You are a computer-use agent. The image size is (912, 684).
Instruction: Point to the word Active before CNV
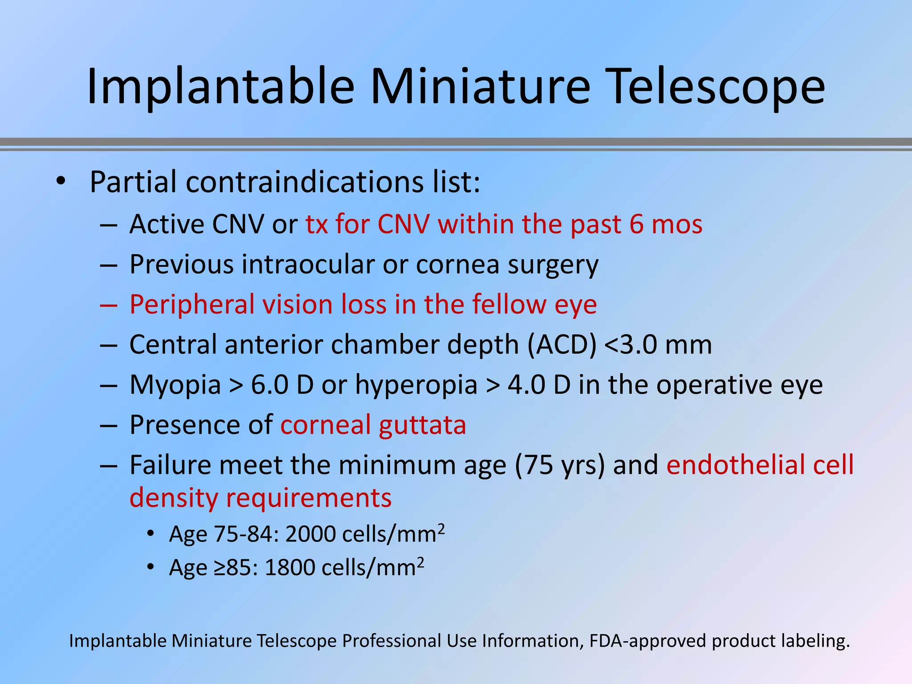point(167,224)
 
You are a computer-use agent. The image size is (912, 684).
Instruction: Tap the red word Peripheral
point(192,305)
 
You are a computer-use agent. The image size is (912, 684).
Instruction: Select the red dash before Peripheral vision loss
point(108,305)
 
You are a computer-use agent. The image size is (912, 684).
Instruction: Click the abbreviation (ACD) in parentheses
point(562,345)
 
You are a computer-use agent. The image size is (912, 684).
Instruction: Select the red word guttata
point(422,425)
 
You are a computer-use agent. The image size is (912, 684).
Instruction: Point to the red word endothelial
point(735,465)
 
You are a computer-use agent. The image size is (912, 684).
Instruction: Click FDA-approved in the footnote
point(648,641)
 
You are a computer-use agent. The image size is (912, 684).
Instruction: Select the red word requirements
point(309,498)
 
